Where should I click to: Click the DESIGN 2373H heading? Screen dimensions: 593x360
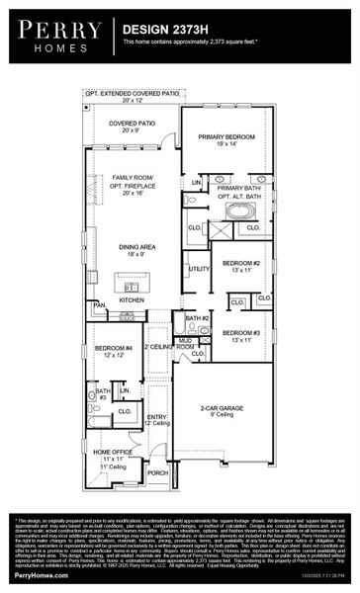[x=155, y=31]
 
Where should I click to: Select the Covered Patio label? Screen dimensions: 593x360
[x=131, y=126]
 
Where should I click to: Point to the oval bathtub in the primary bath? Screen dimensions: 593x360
[x=240, y=210]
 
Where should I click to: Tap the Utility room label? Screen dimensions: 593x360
[x=199, y=268]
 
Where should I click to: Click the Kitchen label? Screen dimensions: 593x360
[x=132, y=298]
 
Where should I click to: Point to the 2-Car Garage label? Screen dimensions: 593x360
[x=222, y=409]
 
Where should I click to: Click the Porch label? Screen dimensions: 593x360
[x=157, y=472]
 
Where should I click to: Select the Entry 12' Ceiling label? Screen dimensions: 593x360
[x=157, y=420]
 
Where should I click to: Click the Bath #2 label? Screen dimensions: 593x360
[x=198, y=319]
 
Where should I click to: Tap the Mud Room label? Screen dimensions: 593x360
[x=185, y=344]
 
